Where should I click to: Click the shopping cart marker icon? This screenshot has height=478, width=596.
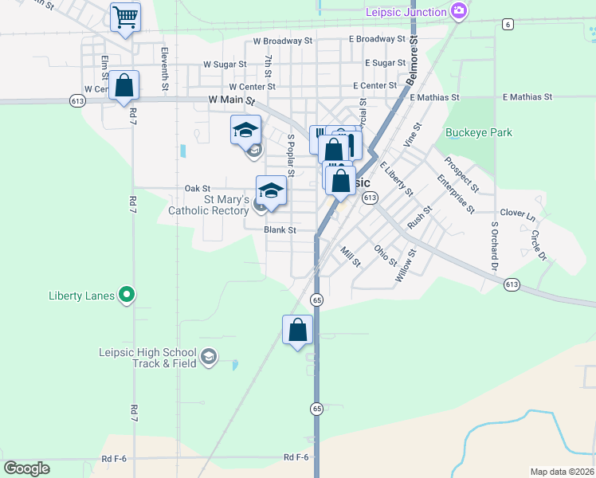pyautogui.click(x=125, y=16)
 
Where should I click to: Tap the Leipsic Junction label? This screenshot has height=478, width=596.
pyautogui.click(x=406, y=12)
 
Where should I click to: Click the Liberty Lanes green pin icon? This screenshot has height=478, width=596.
pyautogui.click(x=126, y=296)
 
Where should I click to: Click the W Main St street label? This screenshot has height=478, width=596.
pyautogui.click(x=231, y=101)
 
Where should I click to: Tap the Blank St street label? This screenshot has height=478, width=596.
pyautogui.click(x=280, y=229)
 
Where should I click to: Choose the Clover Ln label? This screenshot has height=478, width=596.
pyautogui.click(x=518, y=213)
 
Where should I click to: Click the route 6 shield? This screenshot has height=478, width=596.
pyautogui.click(x=508, y=24)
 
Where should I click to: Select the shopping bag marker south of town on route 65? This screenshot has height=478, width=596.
pyautogui.click(x=298, y=330)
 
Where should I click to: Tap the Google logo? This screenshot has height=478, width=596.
pyautogui.click(x=26, y=468)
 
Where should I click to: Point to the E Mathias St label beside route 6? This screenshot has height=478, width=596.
pyautogui.click(x=527, y=96)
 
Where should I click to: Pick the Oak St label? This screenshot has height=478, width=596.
pyautogui.click(x=197, y=188)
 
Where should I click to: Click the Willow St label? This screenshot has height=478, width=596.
pyautogui.click(x=406, y=267)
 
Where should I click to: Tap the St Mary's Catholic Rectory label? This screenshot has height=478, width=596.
pyautogui.click(x=209, y=205)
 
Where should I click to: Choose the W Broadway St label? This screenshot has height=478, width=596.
pyautogui.click(x=282, y=41)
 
